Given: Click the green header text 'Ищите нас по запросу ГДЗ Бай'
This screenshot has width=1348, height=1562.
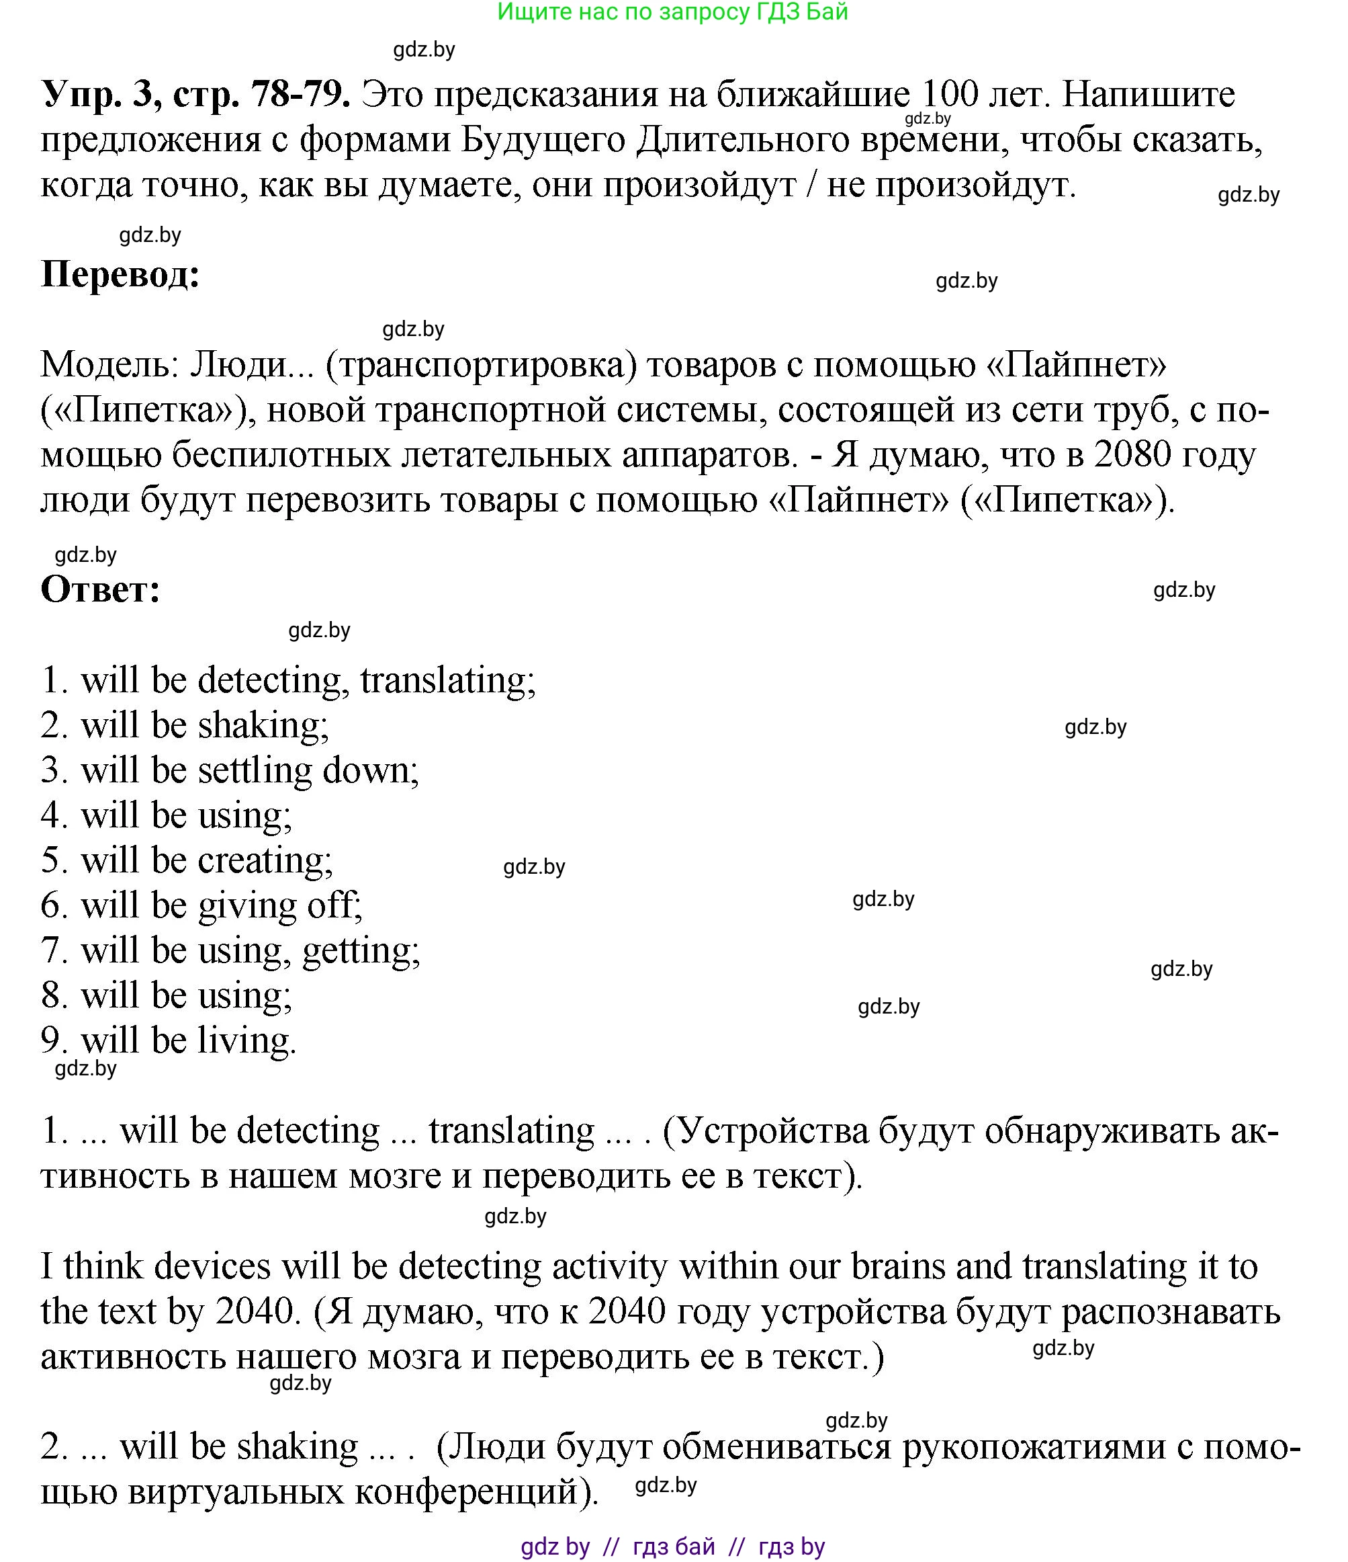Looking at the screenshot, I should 673,12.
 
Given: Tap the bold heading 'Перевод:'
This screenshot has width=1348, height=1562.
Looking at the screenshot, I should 120,274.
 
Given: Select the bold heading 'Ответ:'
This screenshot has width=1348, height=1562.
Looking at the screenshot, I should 100,589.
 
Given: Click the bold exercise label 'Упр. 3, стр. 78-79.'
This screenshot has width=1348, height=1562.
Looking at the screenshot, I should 195,95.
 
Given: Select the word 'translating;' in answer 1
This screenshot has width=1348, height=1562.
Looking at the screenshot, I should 447,680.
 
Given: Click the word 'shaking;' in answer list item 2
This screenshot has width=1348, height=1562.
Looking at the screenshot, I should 264,725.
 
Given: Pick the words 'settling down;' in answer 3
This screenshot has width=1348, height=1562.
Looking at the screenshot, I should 308,770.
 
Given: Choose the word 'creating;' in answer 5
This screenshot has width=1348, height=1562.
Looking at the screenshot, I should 265,860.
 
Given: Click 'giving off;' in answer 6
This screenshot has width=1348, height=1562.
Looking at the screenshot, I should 280,905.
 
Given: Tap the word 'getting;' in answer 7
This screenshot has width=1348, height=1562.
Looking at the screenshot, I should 361,950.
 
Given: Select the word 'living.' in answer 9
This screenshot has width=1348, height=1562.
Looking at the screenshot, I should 247,1040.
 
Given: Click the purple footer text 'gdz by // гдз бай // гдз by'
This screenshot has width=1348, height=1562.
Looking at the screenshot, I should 673,1546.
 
